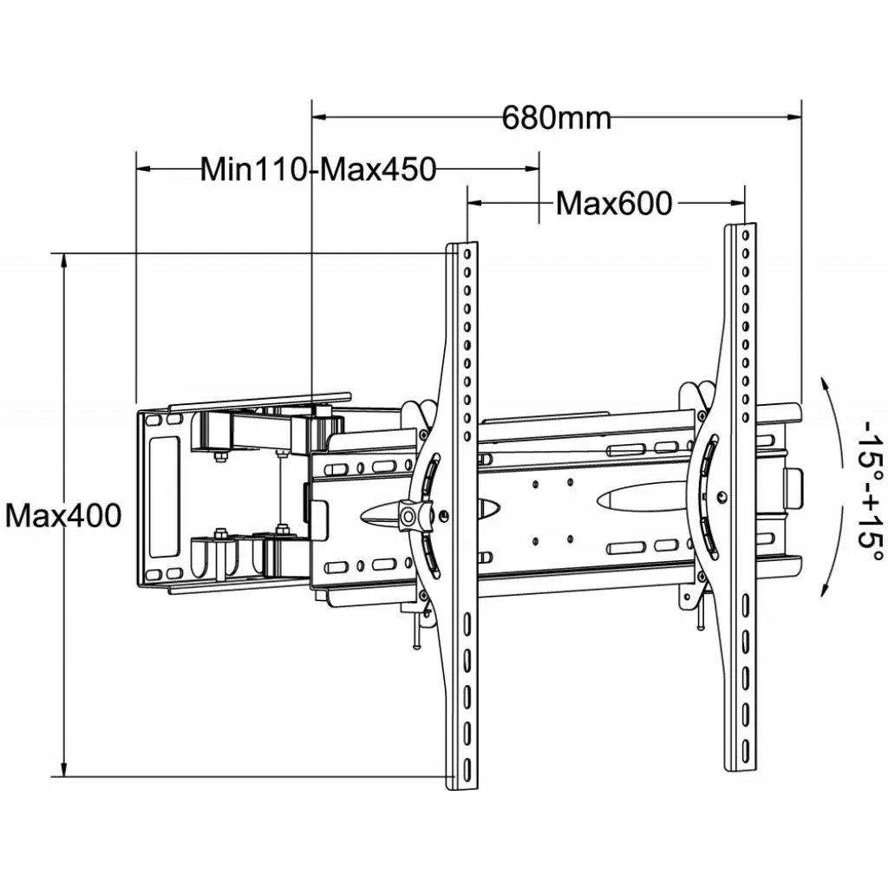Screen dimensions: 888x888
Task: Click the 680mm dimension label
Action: click(x=556, y=117)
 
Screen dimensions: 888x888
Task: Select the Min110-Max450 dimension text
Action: click(x=317, y=169)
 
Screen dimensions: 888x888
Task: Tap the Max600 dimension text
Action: click(x=613, y=203)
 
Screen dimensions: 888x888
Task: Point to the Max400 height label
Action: click(x=63, y=516)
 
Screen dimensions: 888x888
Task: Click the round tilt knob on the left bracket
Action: click(x=407, y=516)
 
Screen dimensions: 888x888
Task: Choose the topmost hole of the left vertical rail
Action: click(x=467, y=254)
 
